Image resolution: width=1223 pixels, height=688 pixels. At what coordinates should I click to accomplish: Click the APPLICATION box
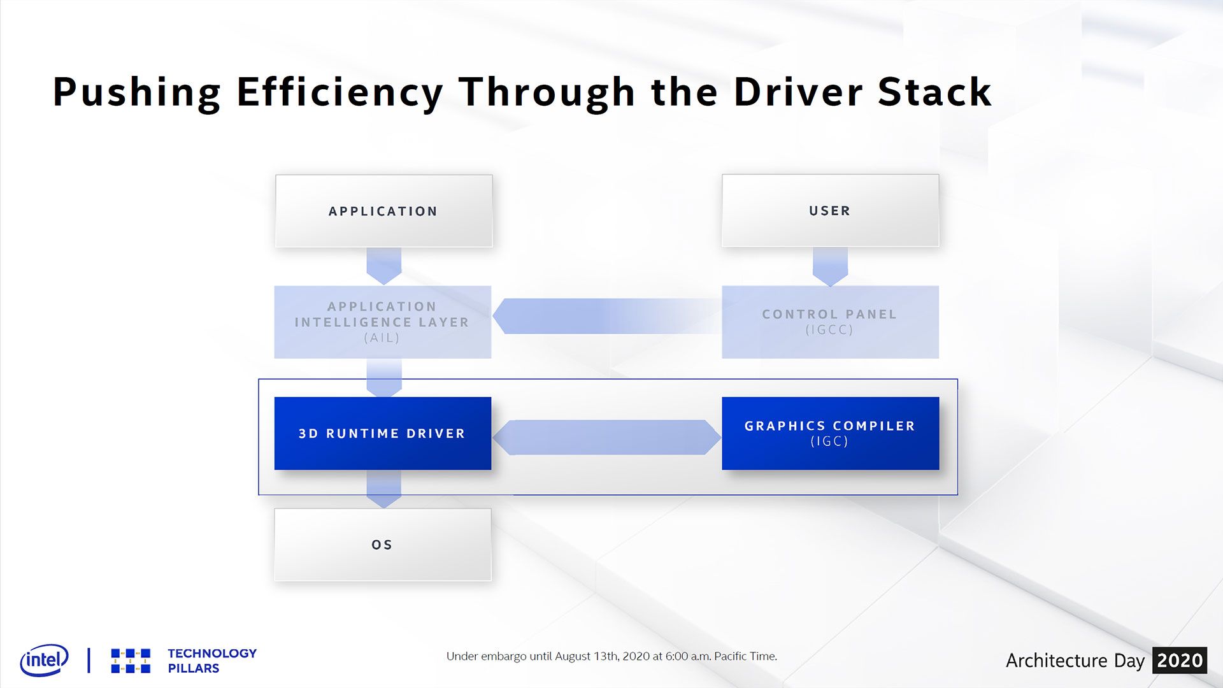click(x=383, y=211)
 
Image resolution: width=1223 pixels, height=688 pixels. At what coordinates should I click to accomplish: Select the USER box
click(x=830, y=210)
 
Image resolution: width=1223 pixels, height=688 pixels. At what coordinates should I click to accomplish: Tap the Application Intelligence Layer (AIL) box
click(x=383, y=322)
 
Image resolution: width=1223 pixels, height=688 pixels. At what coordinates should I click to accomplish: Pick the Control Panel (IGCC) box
click(x=830, y=322)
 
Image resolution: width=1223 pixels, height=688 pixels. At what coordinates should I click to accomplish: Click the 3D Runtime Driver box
click(x=383, y=433)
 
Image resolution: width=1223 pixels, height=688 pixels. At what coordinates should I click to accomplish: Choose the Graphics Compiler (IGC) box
click(x=830, y=433)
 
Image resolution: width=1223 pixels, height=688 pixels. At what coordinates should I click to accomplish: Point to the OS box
click(x=383, y=545)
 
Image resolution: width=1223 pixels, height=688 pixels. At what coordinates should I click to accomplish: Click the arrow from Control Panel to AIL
click(x=607, y=316)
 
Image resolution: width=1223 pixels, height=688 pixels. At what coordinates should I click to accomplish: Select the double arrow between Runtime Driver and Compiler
click(x=607, y=437)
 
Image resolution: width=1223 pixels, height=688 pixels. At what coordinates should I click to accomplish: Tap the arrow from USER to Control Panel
click(x=830, y=266)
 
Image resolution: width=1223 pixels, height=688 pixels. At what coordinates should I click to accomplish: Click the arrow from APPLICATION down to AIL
click(x=384, y=266)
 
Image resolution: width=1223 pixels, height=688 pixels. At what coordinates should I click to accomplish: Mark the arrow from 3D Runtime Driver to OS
click(x=384, y=489)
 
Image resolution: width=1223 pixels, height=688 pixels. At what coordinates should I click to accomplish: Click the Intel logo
click(x=44, y=660)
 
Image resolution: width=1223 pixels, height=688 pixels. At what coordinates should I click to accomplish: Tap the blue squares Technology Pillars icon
click(x=131, y=661)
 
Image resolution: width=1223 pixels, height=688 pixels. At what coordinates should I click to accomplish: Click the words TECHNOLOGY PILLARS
click(x=212, y=661)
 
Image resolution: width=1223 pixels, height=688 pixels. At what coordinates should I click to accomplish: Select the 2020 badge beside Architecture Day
click(x=1180, y=661)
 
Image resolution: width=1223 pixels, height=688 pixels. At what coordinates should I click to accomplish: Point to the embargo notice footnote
click(x=611, y=656)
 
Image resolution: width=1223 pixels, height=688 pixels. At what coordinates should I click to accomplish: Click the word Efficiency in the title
click(x=340, y=93)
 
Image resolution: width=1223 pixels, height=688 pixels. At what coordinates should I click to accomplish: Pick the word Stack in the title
click(x=934, y=92)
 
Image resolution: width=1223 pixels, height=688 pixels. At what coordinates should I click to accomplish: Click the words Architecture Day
click(x=1075, y=661)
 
